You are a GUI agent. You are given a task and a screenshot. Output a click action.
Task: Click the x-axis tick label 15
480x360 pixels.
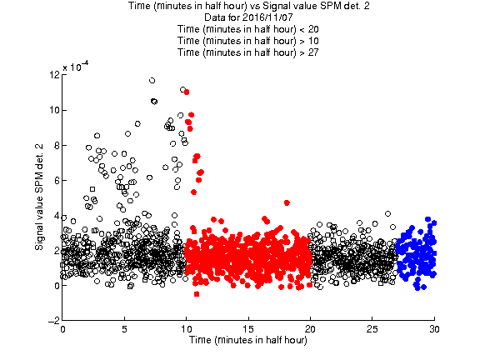248,329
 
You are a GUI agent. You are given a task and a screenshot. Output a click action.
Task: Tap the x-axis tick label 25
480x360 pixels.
372,329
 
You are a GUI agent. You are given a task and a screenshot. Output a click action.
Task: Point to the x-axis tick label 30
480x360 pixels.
434,329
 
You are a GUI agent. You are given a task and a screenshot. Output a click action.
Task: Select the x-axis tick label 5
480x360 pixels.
124,329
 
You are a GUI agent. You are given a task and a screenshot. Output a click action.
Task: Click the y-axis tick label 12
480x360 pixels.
55,75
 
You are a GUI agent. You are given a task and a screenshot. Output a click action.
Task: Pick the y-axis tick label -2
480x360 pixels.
54,321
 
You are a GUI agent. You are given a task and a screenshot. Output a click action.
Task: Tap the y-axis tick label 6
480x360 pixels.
57,180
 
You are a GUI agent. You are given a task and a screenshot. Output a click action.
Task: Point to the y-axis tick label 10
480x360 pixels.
55,110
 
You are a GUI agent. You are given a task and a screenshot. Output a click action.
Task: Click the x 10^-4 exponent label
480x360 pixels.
76,66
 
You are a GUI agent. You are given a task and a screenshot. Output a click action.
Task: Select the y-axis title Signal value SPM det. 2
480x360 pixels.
39,197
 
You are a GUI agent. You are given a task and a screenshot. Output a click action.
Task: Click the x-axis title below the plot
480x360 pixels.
248,340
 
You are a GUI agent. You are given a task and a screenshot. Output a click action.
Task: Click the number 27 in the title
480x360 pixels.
313,52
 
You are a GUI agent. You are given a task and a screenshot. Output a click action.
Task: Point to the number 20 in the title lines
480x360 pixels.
313,29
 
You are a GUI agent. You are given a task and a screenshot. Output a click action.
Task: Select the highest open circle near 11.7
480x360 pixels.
152,81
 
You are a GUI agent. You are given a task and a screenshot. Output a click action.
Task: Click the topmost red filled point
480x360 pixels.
187,92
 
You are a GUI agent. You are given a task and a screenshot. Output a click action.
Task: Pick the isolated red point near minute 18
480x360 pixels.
287,202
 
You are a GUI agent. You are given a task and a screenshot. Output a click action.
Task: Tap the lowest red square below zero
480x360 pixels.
197,294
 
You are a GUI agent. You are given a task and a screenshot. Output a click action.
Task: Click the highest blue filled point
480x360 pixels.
427,219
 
